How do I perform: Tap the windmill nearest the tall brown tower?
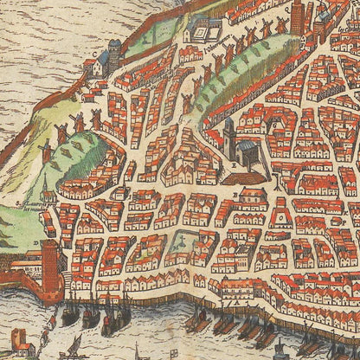point(280,27)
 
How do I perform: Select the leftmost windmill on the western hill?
point(46,151)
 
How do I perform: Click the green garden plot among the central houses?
point(183,241)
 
